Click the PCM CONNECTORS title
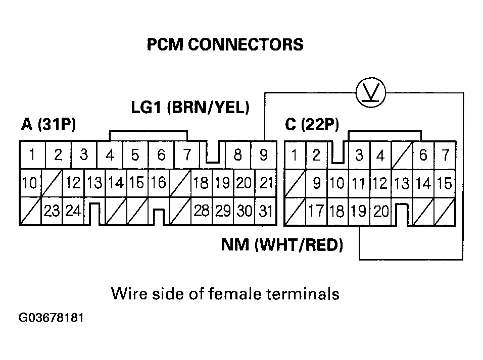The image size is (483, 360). pyautogui.click(x=225, y=45)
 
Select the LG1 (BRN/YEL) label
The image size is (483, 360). pyautogui.click(x=190, y=108)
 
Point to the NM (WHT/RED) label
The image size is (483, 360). pyautogui.click(x=282, y=245)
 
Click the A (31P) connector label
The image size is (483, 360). pyautogui.click(x=49, y=125)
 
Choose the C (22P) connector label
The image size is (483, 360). pyautogui.click(x=312, y=125)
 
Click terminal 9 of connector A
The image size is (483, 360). pyautogui.click(x=263, y=155)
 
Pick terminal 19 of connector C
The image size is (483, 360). pyautogui.click(x=359, y=211)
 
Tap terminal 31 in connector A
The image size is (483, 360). pyautogui.click(x=265, y=211)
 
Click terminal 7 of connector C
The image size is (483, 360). pyautogui.click(x=445, y=156)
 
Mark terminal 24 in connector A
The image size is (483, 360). pyautogui.click(x=73, y=211)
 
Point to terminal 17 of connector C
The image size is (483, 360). pyautogui.click(x=316, y=211)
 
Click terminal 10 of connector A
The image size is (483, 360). pyautogui.click(x=29, y=183)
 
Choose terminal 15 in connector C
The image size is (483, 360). pyautogui.click(x=444, y=183)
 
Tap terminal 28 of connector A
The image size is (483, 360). pyautogui.click(x=202, y=211)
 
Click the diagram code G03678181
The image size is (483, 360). pyautogui.click(x=51, y=319)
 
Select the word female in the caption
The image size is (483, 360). pyautogui.click(x=242, y=293)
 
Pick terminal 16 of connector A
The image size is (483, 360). pyautogui.click(x=158, y=183)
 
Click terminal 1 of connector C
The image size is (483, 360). pyautogui.click(x=294, y=155)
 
